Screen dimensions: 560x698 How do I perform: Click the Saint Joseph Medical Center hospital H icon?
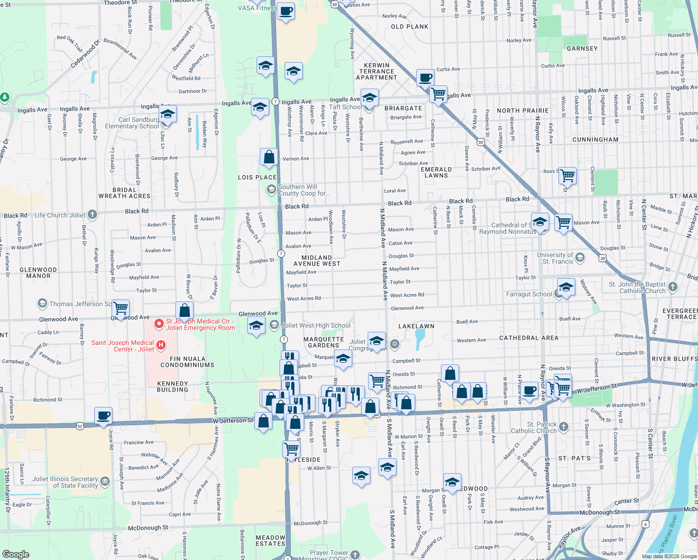161,345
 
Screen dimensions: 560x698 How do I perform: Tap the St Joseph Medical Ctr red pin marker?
159,323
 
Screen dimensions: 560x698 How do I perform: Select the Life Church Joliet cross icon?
92,215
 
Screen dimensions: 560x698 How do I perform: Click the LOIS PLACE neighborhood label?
257,177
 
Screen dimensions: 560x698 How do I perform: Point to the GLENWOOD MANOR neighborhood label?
38,273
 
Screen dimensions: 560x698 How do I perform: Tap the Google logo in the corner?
15,554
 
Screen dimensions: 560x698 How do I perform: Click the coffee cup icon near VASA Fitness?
286,10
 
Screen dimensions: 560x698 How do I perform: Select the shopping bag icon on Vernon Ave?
269,157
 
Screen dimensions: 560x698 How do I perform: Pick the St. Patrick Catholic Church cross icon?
564,427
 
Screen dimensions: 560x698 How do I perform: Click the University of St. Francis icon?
580,257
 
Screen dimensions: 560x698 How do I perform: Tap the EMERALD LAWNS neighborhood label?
436,173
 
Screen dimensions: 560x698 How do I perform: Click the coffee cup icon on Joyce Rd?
103,415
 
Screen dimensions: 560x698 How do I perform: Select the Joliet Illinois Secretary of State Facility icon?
105,481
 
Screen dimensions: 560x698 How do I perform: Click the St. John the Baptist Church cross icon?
672,287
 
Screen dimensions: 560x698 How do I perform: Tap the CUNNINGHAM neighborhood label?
595,140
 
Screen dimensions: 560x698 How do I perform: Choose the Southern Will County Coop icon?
271,189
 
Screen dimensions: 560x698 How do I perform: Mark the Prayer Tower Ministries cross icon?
355,554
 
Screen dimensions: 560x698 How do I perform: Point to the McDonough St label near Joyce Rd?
148,528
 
